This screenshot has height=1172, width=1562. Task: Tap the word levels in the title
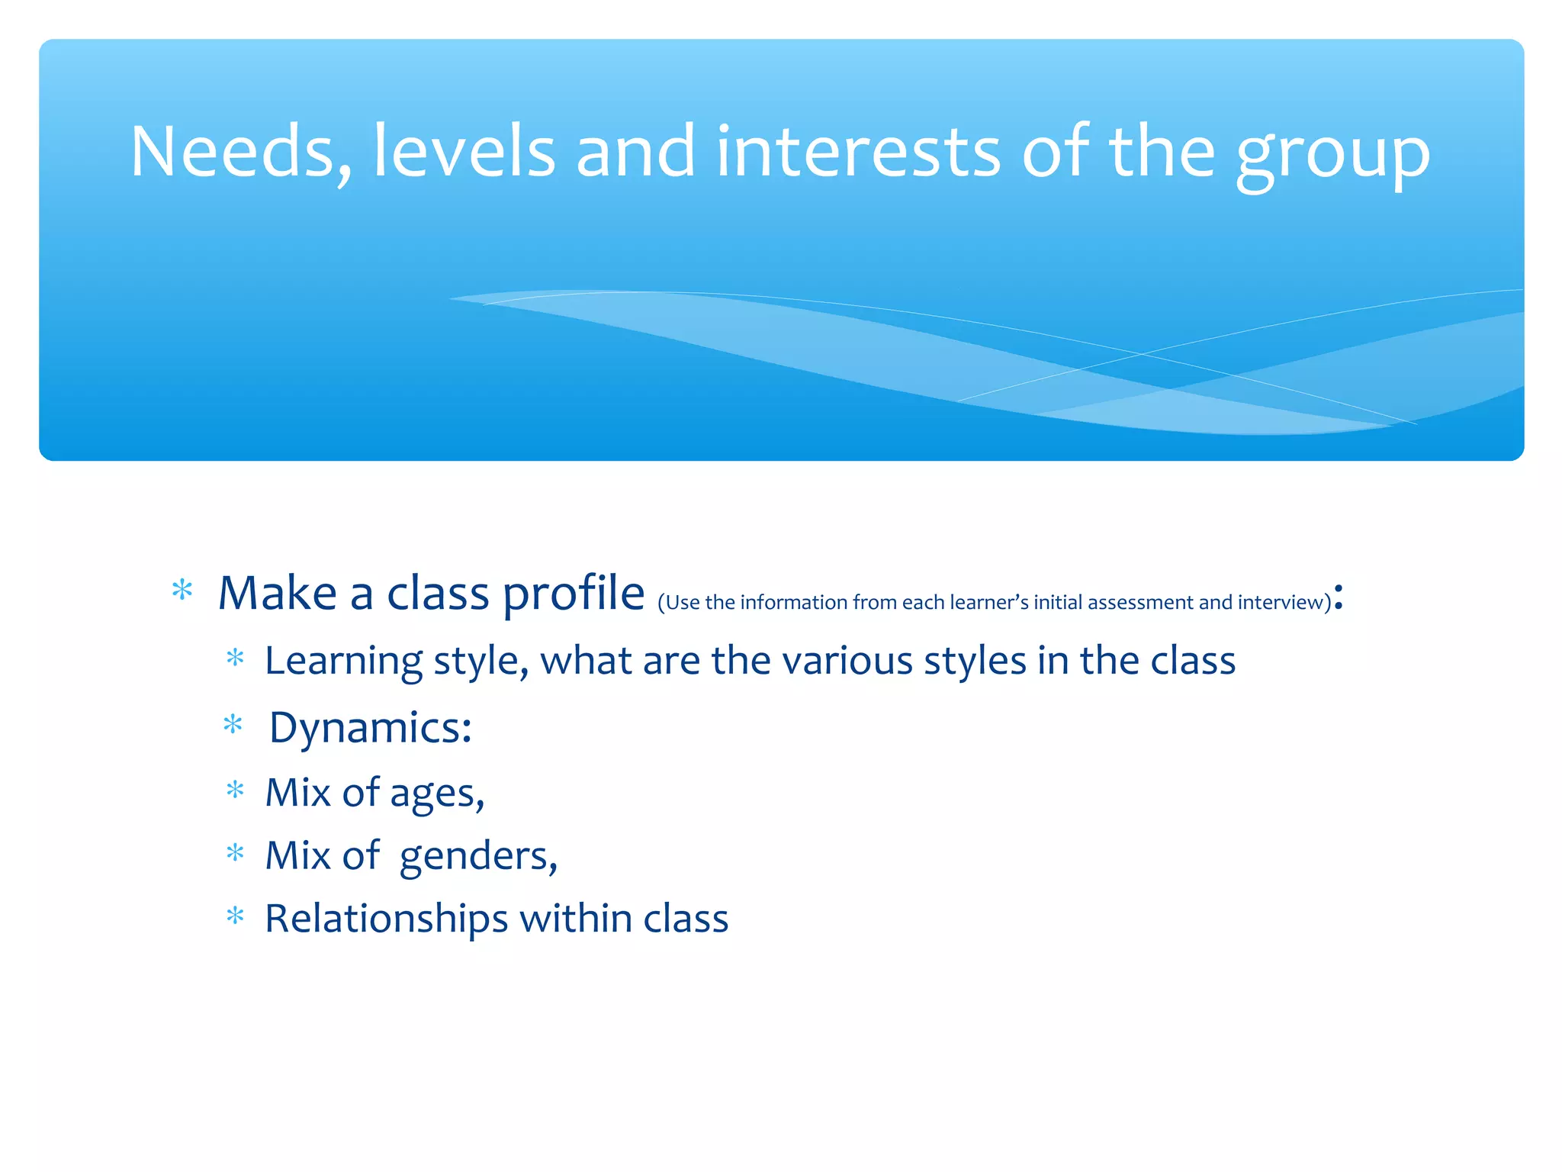point(464,153)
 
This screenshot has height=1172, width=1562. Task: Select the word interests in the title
point(857,153)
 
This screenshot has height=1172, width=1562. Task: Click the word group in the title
point(1332,156)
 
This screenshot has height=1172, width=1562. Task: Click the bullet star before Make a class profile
point(182,591)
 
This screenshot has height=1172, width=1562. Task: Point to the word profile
point(574,594)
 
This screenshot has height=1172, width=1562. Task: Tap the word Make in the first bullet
point(277,594)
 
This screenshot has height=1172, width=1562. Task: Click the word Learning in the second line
point(343,661)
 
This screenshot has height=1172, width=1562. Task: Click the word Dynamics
point(370,728)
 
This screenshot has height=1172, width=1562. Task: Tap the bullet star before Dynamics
point(233,724)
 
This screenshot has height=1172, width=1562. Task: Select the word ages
point(436,794)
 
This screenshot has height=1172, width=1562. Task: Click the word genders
point(478,857)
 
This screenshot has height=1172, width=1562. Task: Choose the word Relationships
point(386,919)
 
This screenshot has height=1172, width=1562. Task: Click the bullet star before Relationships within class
point(235,915)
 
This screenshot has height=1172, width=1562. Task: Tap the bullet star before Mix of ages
point(235,790)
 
